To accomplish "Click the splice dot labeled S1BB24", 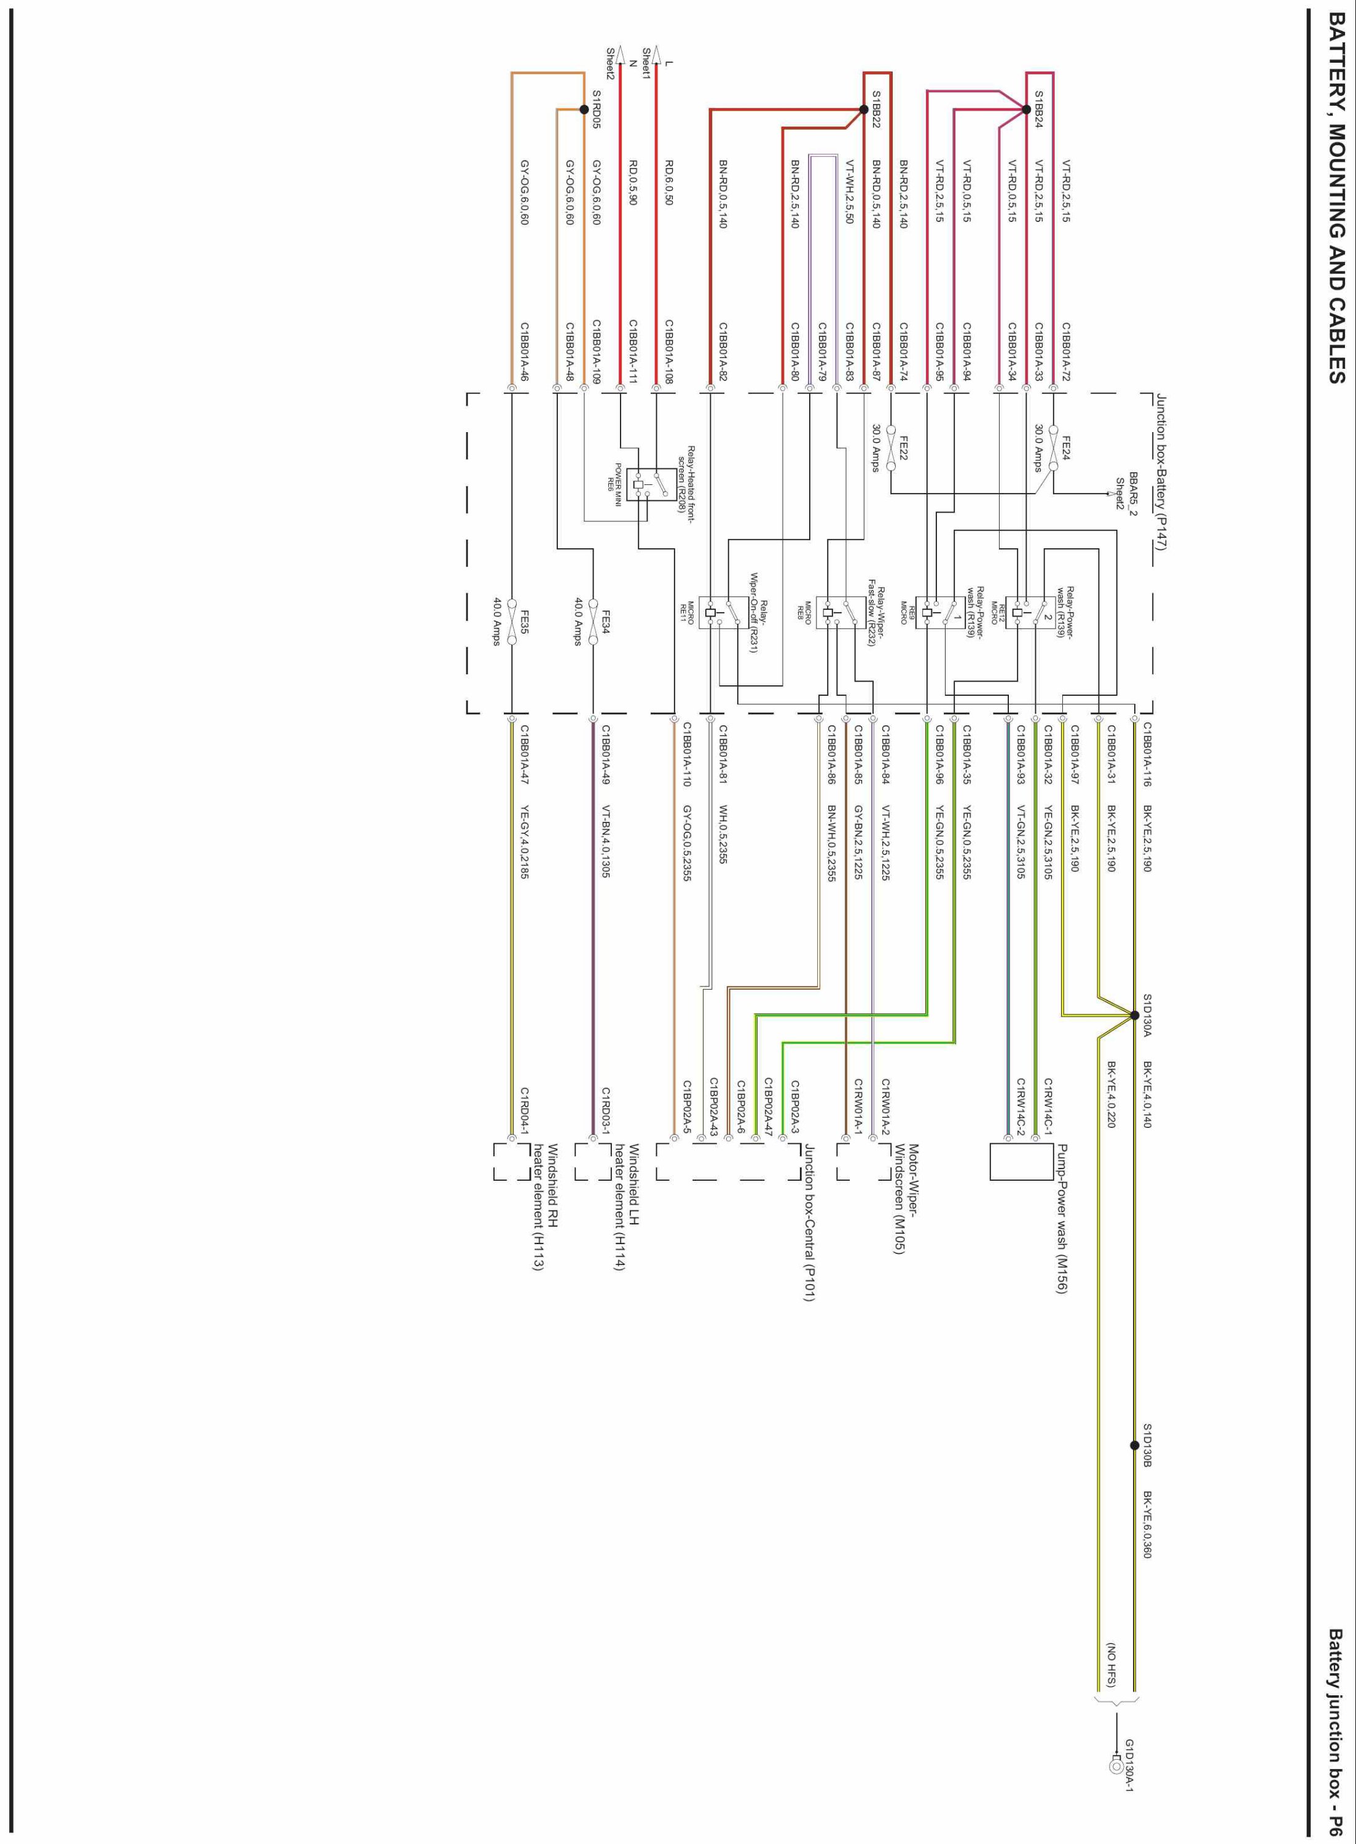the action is pyautogui.click(x=1026, y=109).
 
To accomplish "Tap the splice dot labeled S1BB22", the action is pyautogui.click(x=863, y=109).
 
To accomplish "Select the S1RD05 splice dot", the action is pyautogui.click(x=584, y=109).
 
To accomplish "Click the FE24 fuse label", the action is pyautogui.click(x=1065, y=447).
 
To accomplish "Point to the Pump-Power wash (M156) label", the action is pyautogui.click(x=1061, y=1219).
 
